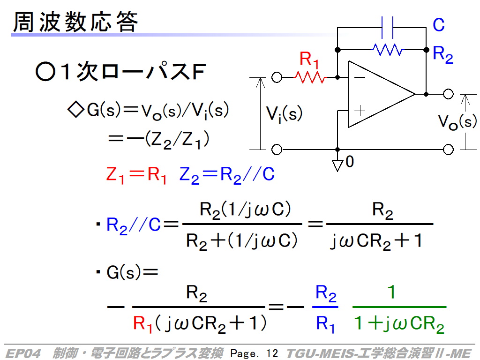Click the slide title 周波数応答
click(x=75, y=22)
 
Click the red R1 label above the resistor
click(x=310, y=60)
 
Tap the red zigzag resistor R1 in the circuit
click(x=310, y=77)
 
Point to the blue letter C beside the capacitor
click(x=438, y=25)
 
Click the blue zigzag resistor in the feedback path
click(x=387, y=49)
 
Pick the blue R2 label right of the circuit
click(x=442, y=54)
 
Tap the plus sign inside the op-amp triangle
click(x=360, y=111)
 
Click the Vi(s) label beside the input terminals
click(x=284, y=114)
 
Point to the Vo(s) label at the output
click(x=457, y=122)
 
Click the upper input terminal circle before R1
click(x=277, y=77)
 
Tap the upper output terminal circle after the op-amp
click(x=449, y=94)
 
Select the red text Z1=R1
click(x=136, y=175)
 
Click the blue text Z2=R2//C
click(x=227, y=175)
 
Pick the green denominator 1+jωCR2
click(x=398, y=324)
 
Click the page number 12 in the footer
click(x=272, y=353)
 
